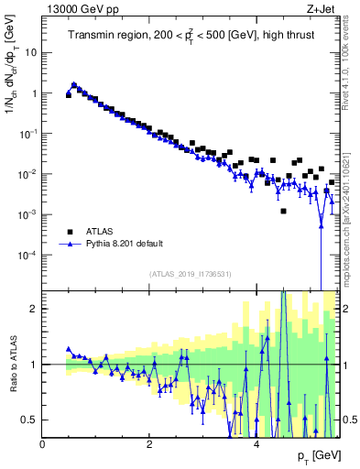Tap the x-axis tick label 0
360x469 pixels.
42,443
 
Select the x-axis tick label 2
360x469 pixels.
149,443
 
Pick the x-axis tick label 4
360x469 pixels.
256,443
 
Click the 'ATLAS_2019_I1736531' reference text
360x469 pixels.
191,274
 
